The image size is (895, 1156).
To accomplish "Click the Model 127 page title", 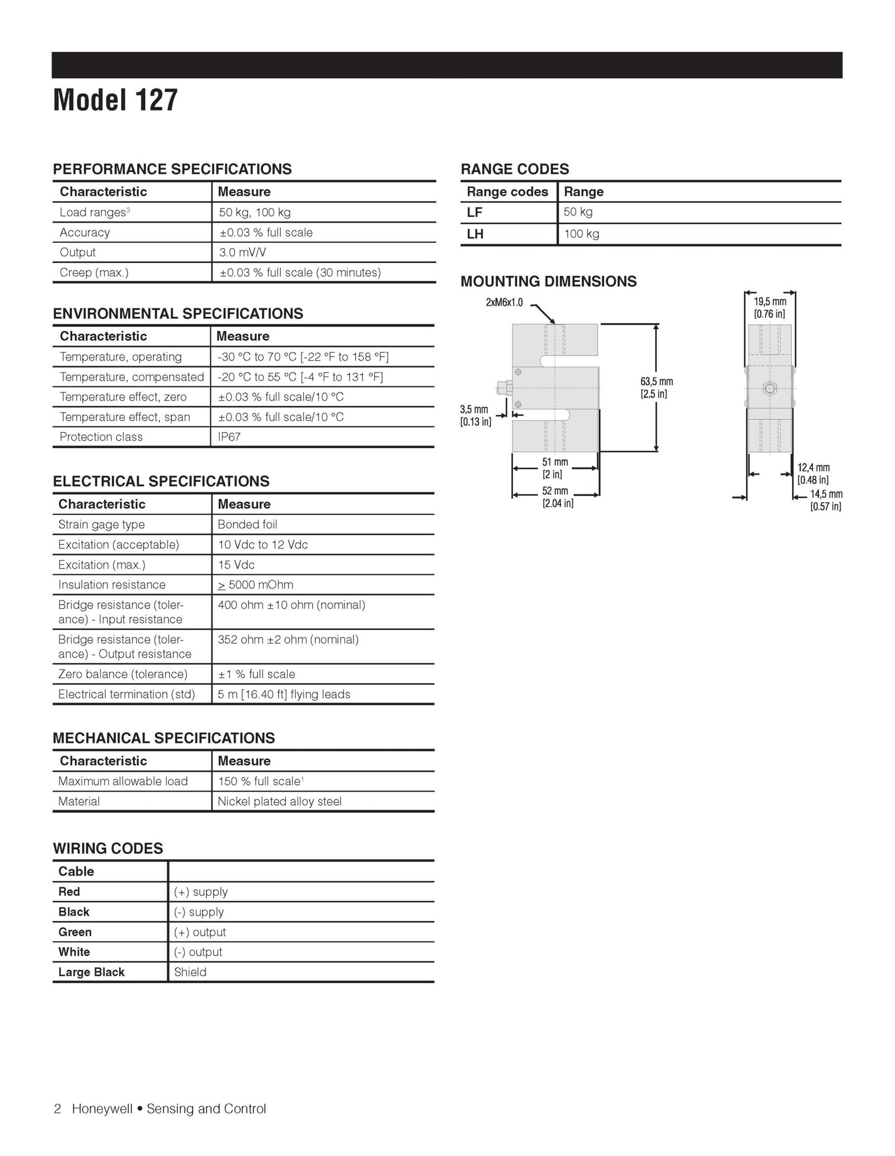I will click(115, 100).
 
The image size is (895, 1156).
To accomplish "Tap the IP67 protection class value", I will click(229, 437).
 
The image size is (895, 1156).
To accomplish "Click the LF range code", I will click(475, 212).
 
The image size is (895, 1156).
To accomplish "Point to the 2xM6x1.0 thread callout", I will click(504, 303).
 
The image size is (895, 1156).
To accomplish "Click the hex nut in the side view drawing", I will click(770, 387).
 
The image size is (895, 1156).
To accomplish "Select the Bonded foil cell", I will click(247, 525).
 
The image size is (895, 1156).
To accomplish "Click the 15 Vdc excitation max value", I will click(236, 565).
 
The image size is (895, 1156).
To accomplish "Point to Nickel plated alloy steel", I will click(279, 802).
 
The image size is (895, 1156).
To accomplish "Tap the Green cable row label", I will click(75, 932).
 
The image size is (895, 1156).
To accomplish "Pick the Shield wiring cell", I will click(190, 972).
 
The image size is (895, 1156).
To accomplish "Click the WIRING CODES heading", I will click(108, 849).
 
